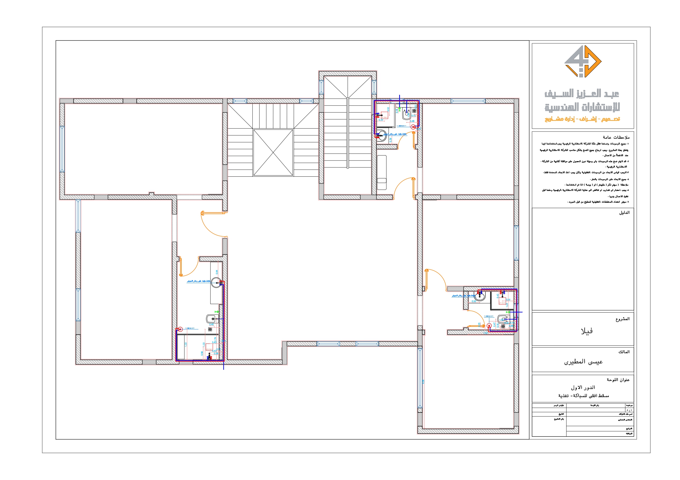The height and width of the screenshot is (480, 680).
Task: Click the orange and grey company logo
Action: (x=582, y=61)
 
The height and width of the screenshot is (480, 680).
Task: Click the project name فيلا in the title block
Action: (x=586, y=331)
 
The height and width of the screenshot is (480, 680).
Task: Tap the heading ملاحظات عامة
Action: (x=616, y=137)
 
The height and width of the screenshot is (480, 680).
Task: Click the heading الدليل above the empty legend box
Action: (x=624, y=213)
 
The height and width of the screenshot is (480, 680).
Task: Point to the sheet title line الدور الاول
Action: (x=583, y=387)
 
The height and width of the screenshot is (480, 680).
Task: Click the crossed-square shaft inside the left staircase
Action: (x=273, y=153)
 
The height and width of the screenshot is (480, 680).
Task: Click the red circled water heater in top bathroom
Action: (x=413, y=127)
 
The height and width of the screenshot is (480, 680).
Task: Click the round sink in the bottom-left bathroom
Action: (x=216, y=283)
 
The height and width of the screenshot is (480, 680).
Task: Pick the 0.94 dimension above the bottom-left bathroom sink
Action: (x=216, y=272)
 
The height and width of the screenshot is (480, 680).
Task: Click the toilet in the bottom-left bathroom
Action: (x=211, y=319)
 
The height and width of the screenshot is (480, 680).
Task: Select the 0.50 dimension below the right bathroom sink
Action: (x=474, y=301)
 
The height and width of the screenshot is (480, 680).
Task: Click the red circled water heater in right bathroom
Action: (x=489, y=326)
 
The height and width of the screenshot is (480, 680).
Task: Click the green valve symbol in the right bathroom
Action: (x=508, y=312)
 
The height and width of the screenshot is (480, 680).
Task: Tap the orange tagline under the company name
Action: (x=582, y=119)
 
